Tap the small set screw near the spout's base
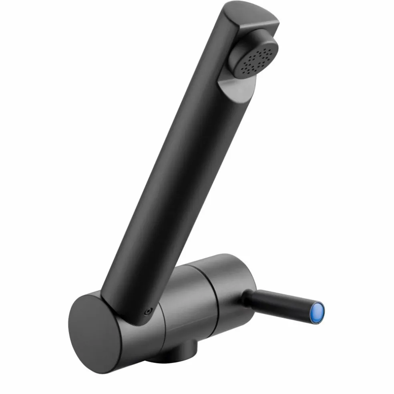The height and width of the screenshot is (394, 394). click(x=149, y=310)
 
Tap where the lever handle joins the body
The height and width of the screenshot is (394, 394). click(x=245, y=296)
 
